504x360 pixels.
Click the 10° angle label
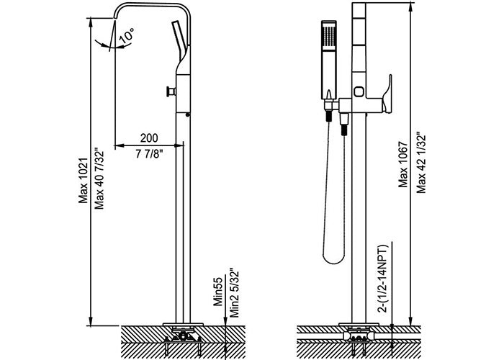(x=127, y=35)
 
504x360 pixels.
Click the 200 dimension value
(x=149, y=138)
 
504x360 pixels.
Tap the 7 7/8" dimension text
(x=149, y=154)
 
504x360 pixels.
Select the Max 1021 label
(x=84, y=180)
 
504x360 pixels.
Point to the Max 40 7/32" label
(x=99, y=179)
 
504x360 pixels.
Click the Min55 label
(x=218, y=292)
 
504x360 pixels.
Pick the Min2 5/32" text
(x=235, y=293)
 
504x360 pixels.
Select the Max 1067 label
(x=403, y=164)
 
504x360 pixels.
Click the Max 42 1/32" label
(x=421, y=163)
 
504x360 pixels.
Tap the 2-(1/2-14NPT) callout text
(x=383, y=279)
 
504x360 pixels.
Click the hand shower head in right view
(x=329, y=60)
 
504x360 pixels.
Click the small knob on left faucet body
(x=171, y=91)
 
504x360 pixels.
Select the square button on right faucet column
(x=359, y=91)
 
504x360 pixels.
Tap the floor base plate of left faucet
(x=183, y=325)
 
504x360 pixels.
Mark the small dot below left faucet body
(x=188, y=114)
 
